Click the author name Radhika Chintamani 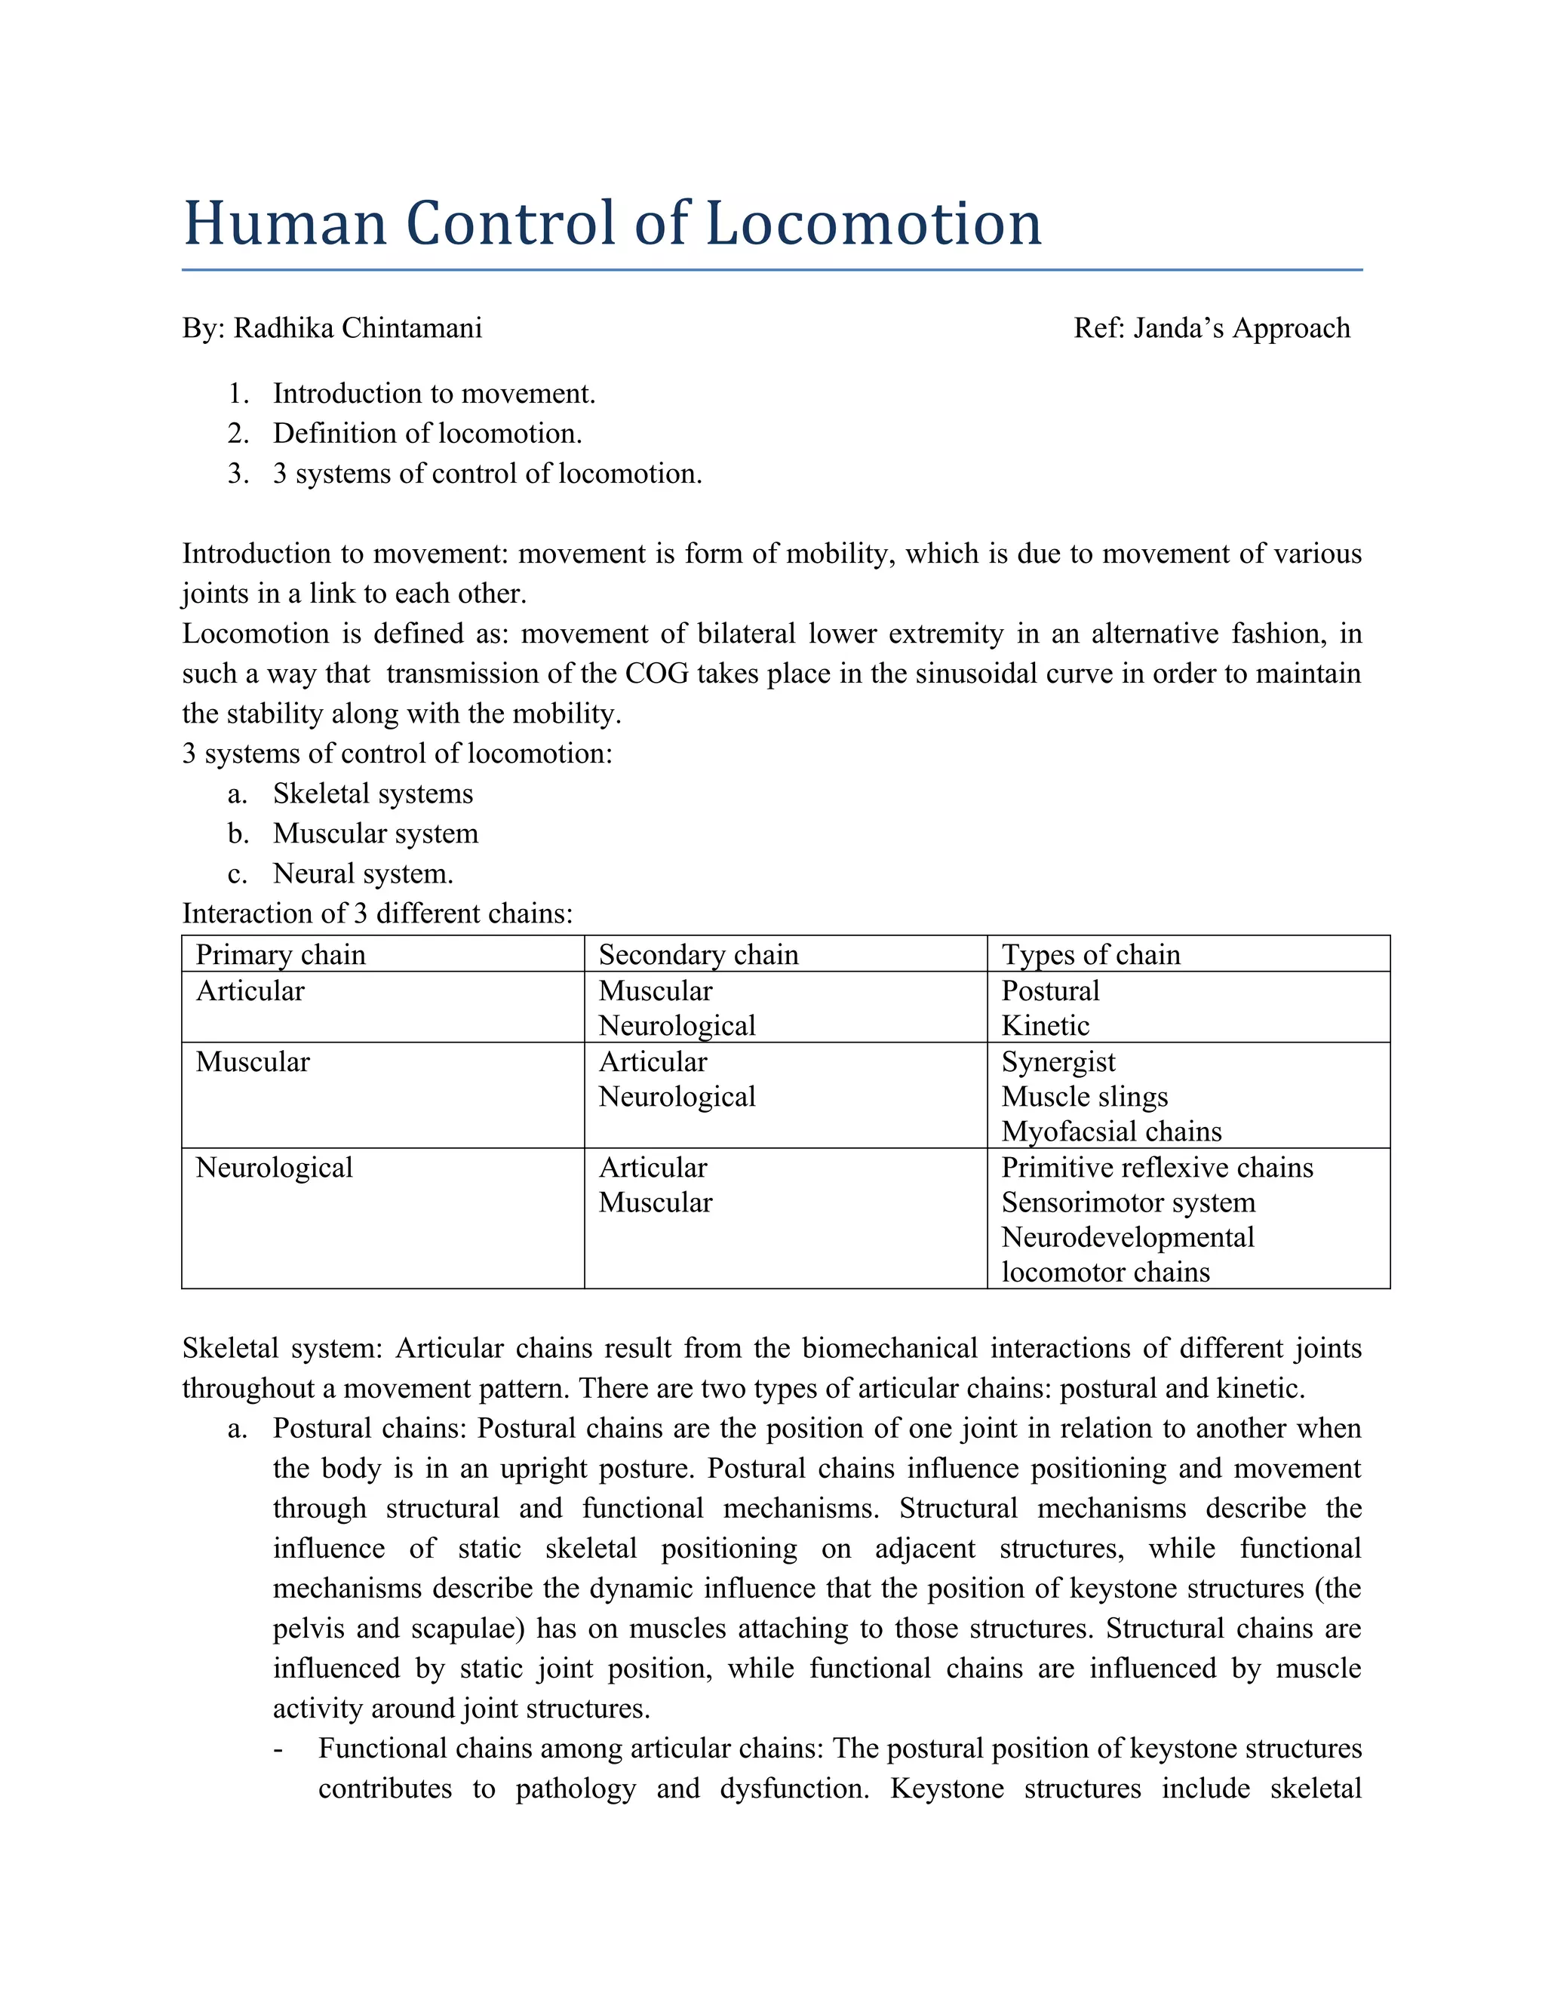pos(357,327)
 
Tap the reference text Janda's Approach pos(1241,327)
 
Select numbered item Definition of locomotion pos(426,433)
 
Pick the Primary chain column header pos(280,955)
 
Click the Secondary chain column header pos(698,955)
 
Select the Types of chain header pos(1090,955)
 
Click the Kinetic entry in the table pos(1046,1026)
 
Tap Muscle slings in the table pos(1085,1097)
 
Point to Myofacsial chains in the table pos(1111,1132)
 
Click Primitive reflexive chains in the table pos(1157,1168)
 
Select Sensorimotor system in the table pos(1128,1202)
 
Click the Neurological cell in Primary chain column pos(274,1168)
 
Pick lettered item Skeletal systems pos(373,794)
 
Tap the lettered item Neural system pos(362,874)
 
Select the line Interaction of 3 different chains pos(377,914)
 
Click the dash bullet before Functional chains pos(278,1749)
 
